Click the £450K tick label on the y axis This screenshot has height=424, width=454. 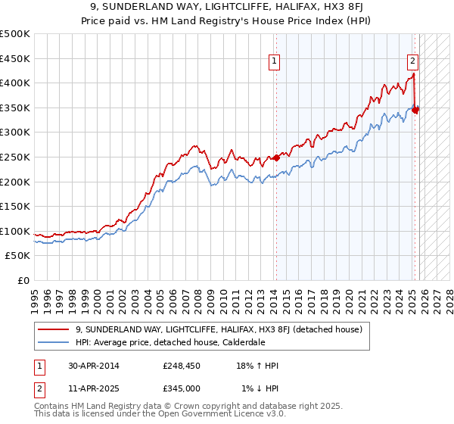point(15,58)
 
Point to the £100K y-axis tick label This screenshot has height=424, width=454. point(15,231)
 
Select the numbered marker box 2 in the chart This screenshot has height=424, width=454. point(412,61)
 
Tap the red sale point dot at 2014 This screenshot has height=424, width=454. point(277,157)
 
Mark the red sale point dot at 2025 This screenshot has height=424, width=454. point(415,110)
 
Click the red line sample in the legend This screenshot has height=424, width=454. point(54,329)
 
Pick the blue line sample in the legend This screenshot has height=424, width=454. point(54,341)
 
